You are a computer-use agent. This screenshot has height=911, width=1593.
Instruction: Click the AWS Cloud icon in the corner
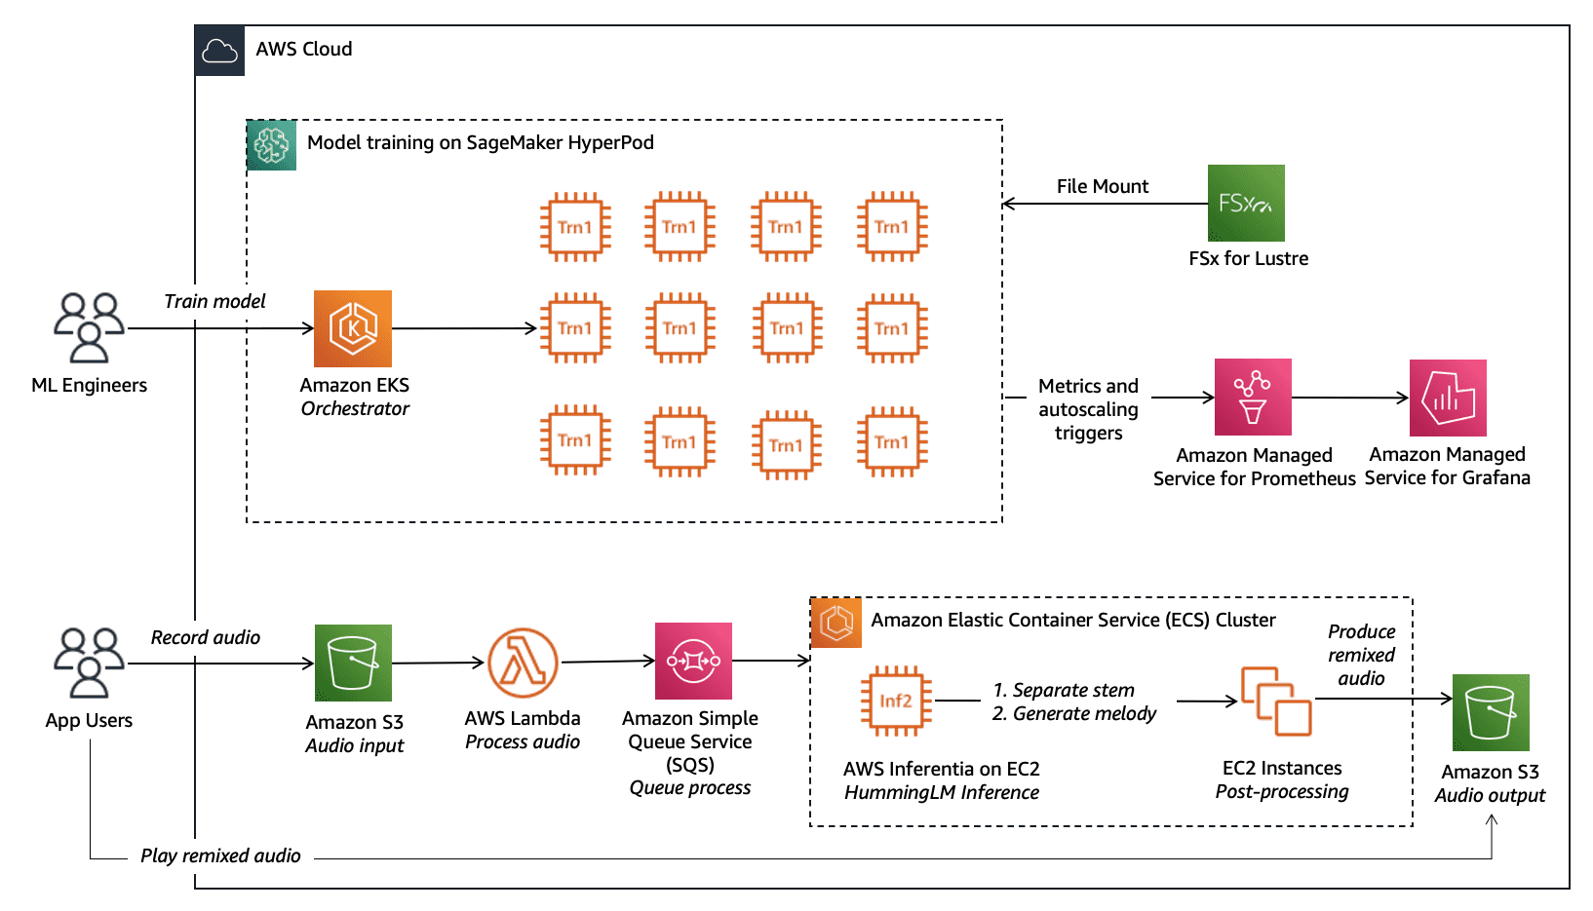(x=219, y=51)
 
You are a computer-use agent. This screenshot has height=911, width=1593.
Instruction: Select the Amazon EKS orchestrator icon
(x=353, y=328)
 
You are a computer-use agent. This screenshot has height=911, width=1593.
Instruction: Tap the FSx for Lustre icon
(x=1246, y=203)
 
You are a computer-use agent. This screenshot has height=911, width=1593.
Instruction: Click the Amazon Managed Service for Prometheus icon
(x=1253, y=397)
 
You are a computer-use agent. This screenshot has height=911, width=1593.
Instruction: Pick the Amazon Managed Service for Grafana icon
(x=1448, y=398)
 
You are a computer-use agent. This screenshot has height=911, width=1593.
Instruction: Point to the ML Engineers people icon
(x=89, y=327)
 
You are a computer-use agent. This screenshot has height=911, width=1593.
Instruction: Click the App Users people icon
(x=89, y=663)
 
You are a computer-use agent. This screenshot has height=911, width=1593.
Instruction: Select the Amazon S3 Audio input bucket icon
(x=353, y=663)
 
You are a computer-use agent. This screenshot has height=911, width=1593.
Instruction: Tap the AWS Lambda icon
(x=523, y=663)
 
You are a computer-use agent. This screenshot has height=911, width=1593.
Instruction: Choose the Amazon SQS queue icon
(x=693, y=661)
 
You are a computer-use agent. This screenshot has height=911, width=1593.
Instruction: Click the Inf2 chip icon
(x=895, y=701)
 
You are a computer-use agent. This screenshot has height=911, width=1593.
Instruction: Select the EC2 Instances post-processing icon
(x=1276, y=701)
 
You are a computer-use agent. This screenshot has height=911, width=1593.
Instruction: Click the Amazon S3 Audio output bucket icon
(x=1491, y=712)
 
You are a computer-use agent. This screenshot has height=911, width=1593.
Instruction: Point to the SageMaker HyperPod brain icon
(x=271, y=145)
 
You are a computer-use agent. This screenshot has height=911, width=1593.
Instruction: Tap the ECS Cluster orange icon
(x=836, y=623)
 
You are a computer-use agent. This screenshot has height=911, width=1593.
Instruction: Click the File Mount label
(x=1102, y=186)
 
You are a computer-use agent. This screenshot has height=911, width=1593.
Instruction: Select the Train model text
(x=214, y=301)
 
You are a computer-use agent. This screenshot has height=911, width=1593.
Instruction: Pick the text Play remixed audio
(x=220, y=855)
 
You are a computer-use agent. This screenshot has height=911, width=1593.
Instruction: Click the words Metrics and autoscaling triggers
(x=1088, y=409)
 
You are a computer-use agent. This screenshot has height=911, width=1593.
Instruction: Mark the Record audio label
(x=205, y=637)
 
